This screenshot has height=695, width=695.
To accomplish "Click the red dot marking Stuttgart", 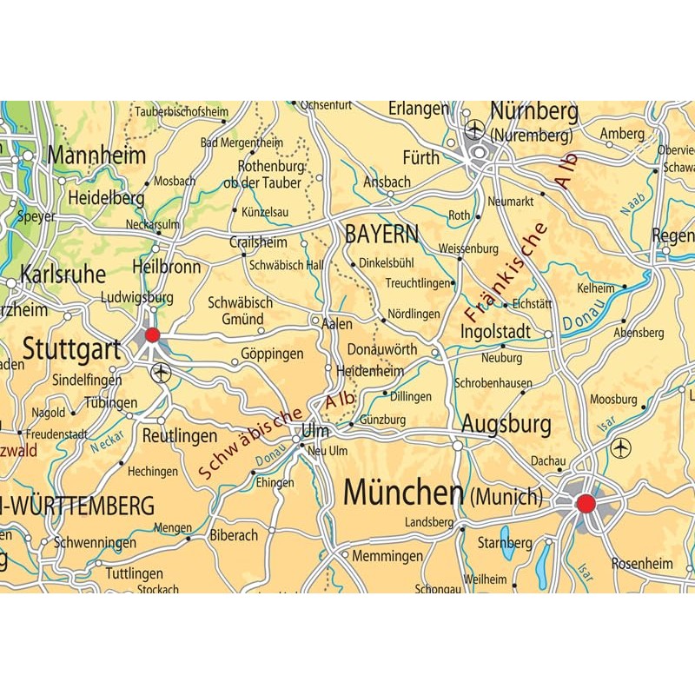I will (153, 335).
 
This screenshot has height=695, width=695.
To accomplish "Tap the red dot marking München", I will (586, 503).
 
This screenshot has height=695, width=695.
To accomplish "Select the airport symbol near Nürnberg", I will (474, 130).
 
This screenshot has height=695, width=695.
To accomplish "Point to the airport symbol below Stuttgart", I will (161, 374).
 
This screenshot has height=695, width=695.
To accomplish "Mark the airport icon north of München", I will (620, 448).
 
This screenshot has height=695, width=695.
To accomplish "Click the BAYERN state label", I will (381, 234).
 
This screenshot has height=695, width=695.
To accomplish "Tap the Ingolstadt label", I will (495, 332).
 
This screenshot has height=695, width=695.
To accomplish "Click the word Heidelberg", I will (106, 198).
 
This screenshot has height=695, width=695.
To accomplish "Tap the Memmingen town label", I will (387, 556).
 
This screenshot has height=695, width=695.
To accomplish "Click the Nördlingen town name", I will (414, 314).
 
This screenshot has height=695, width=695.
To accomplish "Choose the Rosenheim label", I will (642, 563).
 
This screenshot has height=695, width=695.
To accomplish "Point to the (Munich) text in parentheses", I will (506, 498).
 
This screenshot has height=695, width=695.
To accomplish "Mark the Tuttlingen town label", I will (134, 573).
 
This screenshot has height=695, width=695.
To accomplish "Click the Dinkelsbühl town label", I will (387, 262).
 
